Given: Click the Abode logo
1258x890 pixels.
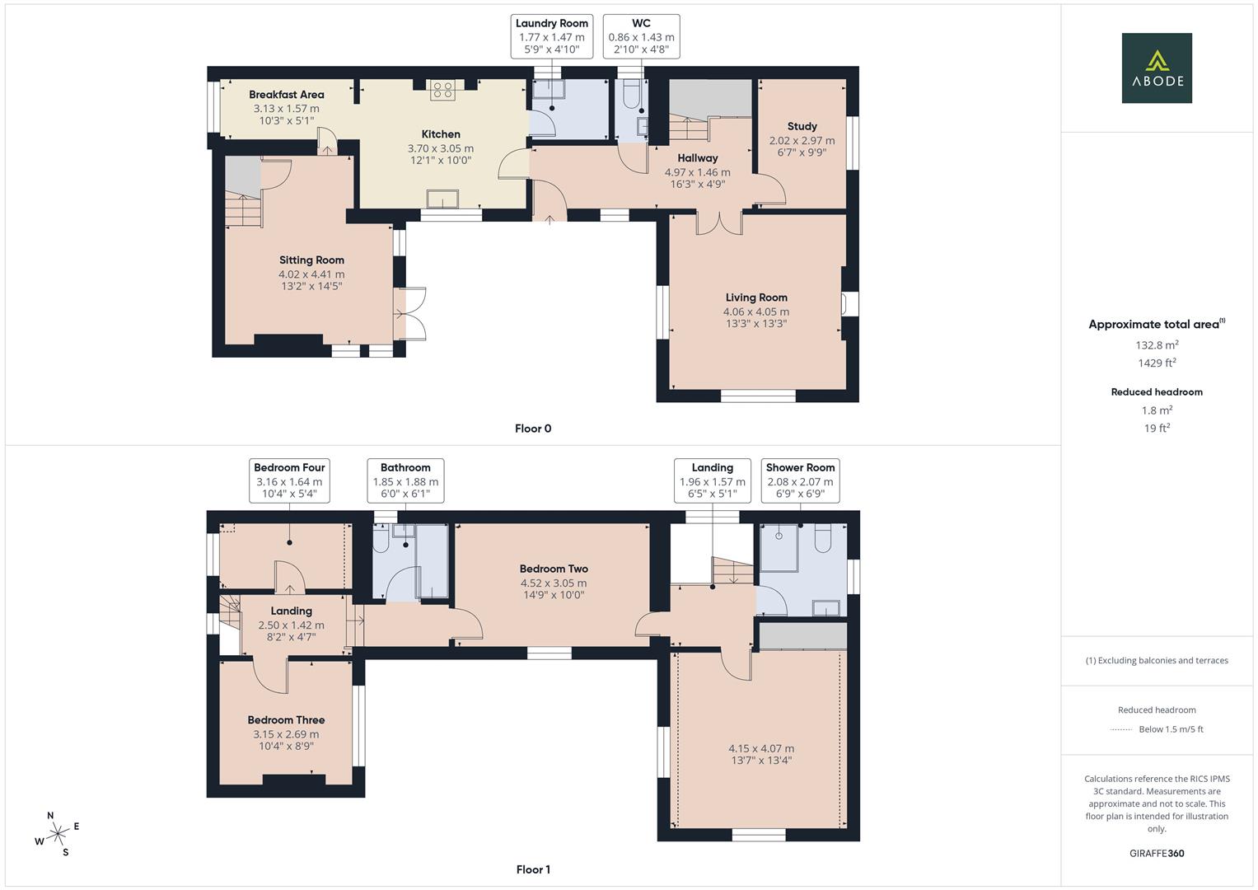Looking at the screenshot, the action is click(1157, 68).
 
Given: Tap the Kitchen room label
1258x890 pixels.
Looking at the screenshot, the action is click(441, 134).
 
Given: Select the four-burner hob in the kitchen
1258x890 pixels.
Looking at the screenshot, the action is click(442, 90).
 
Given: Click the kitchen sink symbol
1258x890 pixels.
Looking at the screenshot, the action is click(442, 199).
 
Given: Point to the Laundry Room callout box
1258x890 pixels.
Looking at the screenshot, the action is click(551, 36).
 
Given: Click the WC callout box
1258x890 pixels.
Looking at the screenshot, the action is click(641, 36).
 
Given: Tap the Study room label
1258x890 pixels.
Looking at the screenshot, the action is click(802, 126).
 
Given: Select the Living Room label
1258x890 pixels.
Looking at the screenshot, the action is click(756, 297).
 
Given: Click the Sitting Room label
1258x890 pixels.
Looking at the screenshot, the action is click(311, 260).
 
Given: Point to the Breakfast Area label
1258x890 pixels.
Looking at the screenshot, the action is click(287, 95).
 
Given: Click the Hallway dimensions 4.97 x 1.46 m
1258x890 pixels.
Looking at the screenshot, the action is click(698, 172).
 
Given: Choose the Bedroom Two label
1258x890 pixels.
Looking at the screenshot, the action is click(554, 569).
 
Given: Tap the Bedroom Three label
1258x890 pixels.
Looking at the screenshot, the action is click(287, 719).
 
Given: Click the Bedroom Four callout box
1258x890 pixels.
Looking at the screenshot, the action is click(289, 480).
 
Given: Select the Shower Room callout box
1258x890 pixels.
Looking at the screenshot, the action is click(800, 480).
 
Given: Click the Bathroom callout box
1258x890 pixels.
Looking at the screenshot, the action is click(405, 480).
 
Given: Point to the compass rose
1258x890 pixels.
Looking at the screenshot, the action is click(58, 834).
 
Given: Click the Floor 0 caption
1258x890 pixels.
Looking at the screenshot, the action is click(533, 429).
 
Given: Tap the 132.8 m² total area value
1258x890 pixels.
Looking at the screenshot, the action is click(1157, 345).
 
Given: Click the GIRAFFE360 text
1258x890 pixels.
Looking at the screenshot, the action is click(1157, 853).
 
